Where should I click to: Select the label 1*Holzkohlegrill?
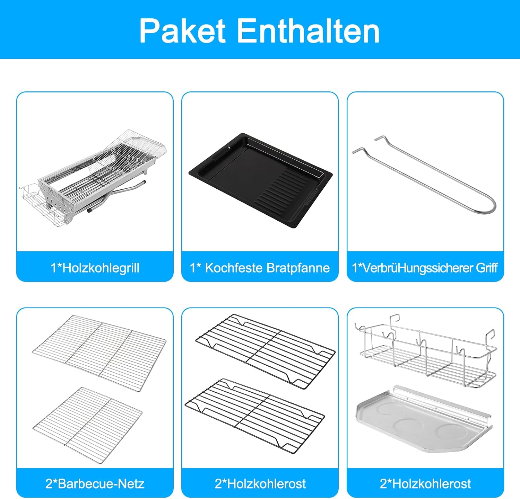point(95,268)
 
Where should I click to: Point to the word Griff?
point(487,268)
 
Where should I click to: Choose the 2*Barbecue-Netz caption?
point(95,483)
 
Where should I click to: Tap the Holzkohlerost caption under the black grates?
point(260,483)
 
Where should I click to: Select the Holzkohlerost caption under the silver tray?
point(425,483)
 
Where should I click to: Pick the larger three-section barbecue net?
point(99,353)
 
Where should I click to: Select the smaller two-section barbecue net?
point(87,425)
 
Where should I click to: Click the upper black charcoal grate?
point(266,351)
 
